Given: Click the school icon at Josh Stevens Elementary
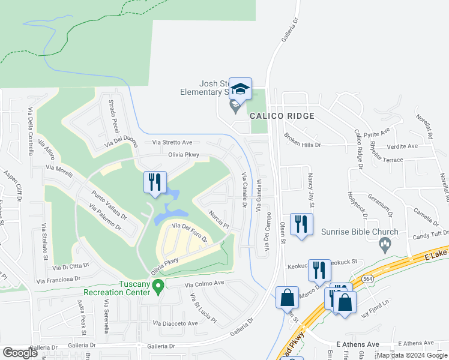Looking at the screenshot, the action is tap(241, 89).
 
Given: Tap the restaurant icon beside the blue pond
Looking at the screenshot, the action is tap(155, 182).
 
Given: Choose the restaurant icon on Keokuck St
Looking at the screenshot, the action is tap(319, 271).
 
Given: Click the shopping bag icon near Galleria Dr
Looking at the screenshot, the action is tap(288, 298).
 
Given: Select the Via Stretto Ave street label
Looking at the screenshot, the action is tap(172, 142).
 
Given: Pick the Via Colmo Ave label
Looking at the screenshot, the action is tap(204, 284).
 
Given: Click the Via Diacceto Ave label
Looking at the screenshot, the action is tap(175, 323).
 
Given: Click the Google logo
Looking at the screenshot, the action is tap(20, 353).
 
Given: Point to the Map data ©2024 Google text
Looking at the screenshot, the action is tap(411, 355).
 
